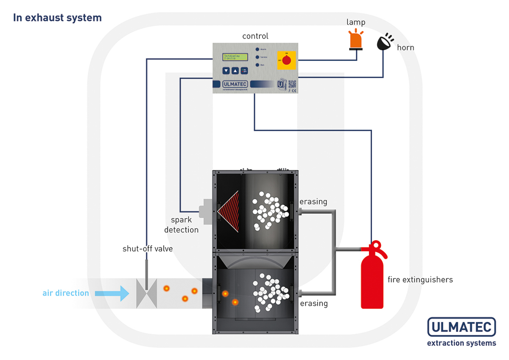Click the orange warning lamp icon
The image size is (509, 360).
[356, 39]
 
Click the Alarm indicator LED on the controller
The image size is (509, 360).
[257, 49]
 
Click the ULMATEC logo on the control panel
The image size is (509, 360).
[235, 84]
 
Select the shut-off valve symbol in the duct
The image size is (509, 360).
[146, 293]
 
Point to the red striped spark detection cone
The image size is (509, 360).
[229, 211]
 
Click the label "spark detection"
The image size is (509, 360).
[182, 225]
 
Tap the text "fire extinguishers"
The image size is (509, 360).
[420, 280]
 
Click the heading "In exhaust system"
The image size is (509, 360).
[57, 18]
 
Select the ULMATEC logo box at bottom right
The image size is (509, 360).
[461, 327]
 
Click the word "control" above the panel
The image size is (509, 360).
[255, 36]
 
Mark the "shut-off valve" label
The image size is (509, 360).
[148, 249]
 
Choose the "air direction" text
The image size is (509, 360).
[66, 293]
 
